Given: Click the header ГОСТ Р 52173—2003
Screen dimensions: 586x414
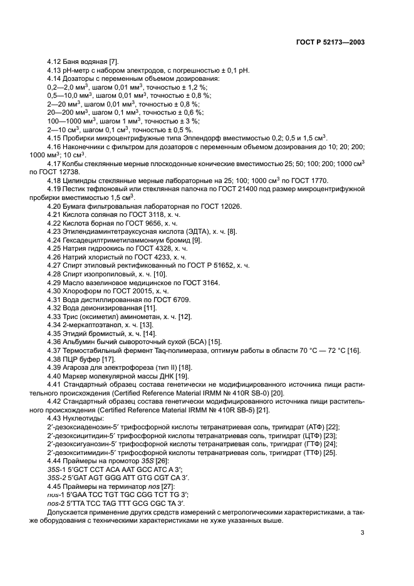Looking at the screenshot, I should point(331,41).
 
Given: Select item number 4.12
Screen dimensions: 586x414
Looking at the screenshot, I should point(54,62).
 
